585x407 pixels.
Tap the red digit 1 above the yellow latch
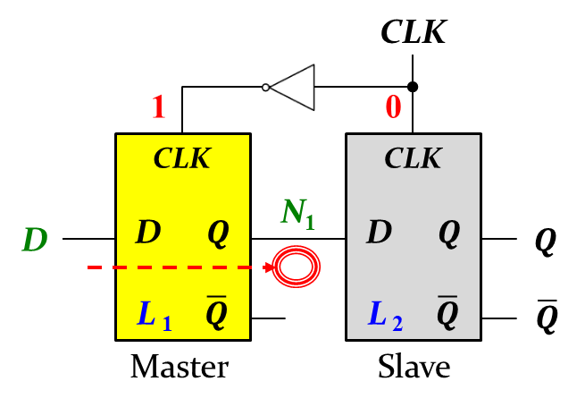coord(158,107)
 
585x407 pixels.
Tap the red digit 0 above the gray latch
coord(393,107)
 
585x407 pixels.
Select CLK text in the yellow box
coord(182,158)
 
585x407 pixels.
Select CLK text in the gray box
coord(413,158)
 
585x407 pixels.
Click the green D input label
coord(35,240)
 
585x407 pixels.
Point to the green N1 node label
coord(297,212)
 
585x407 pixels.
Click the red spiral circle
coord(296,267)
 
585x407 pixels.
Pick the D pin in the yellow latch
coord(148,233)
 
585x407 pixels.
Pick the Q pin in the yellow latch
coord(218,233)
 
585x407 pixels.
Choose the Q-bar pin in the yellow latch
coord(217,312)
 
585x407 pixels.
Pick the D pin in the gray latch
coord(379,233)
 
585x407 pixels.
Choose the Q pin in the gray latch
coord(448,233)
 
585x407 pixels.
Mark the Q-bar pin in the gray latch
coord(447,312)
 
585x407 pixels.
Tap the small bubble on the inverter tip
coord(265,88)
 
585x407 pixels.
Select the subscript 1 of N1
coord(310,222)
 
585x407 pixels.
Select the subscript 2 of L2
coord(397,324)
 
